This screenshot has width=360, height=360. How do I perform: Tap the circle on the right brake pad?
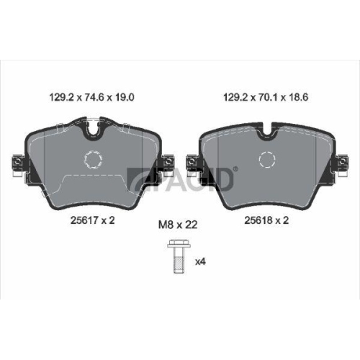coord(267,159)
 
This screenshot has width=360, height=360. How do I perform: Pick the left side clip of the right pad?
coord(192,165)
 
